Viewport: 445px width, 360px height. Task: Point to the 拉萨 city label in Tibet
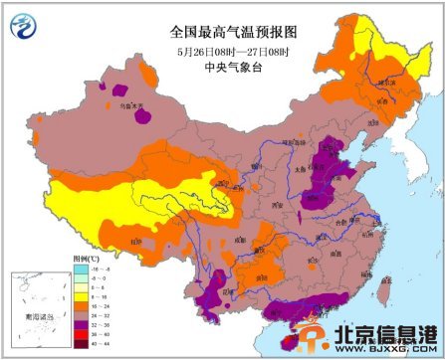coord(135,242)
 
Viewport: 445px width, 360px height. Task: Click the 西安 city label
coord(278,202)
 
